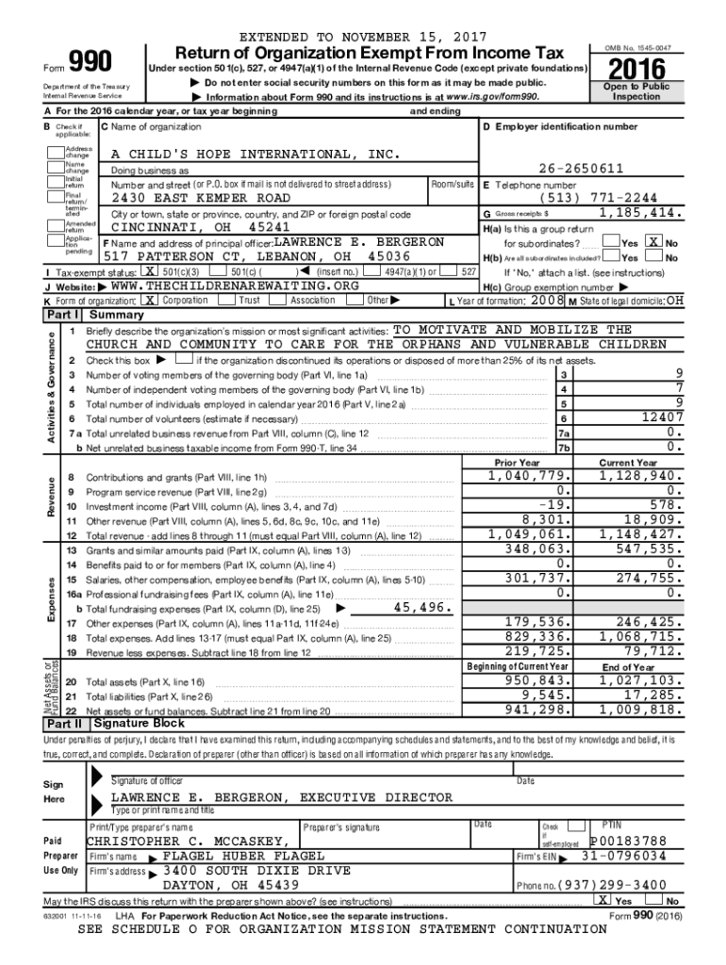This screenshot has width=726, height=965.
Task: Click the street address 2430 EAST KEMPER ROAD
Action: (x=201, y=199)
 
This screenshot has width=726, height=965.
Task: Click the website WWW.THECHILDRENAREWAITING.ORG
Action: (x=235, y=286)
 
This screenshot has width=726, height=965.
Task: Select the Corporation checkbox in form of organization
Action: (x=148, y=300)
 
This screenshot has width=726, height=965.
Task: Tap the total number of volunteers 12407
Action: (x=657, y=418)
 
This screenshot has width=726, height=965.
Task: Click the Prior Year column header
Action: (x=517, y=463)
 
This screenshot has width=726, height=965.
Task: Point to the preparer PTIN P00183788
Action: (x=628, y=841)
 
